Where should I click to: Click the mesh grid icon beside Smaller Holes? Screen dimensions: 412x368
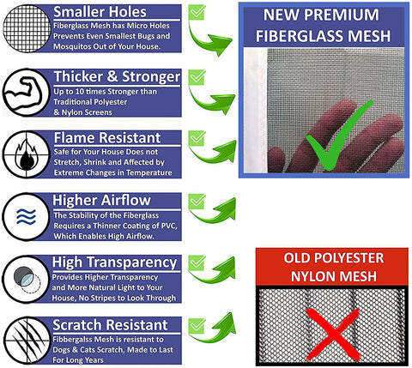tap(27, 28)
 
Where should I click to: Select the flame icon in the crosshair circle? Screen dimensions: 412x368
tap(27, 155)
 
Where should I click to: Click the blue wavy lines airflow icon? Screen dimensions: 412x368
tap(26, 216)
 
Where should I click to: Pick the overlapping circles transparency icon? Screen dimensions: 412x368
tap(27, 280)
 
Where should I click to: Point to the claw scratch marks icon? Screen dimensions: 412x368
tap(27, 341)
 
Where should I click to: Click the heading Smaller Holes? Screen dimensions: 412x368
tap(100, 12)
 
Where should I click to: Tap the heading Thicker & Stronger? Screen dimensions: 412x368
tap(117, 76)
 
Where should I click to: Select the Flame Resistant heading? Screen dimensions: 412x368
tap(107, 138)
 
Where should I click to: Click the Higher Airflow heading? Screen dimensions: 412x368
tap(101, 200)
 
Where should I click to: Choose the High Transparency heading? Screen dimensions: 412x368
tap(114, 262)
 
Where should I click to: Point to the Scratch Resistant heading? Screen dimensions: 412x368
tap(110, 325)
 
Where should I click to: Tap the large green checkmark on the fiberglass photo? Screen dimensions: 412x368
tap(340, 135)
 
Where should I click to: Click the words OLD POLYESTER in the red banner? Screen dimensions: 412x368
tap(334, 258)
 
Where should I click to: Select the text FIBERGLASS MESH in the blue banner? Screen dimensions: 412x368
tap(323, 36)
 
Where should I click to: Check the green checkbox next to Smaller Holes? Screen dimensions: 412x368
tap(197, 12)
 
